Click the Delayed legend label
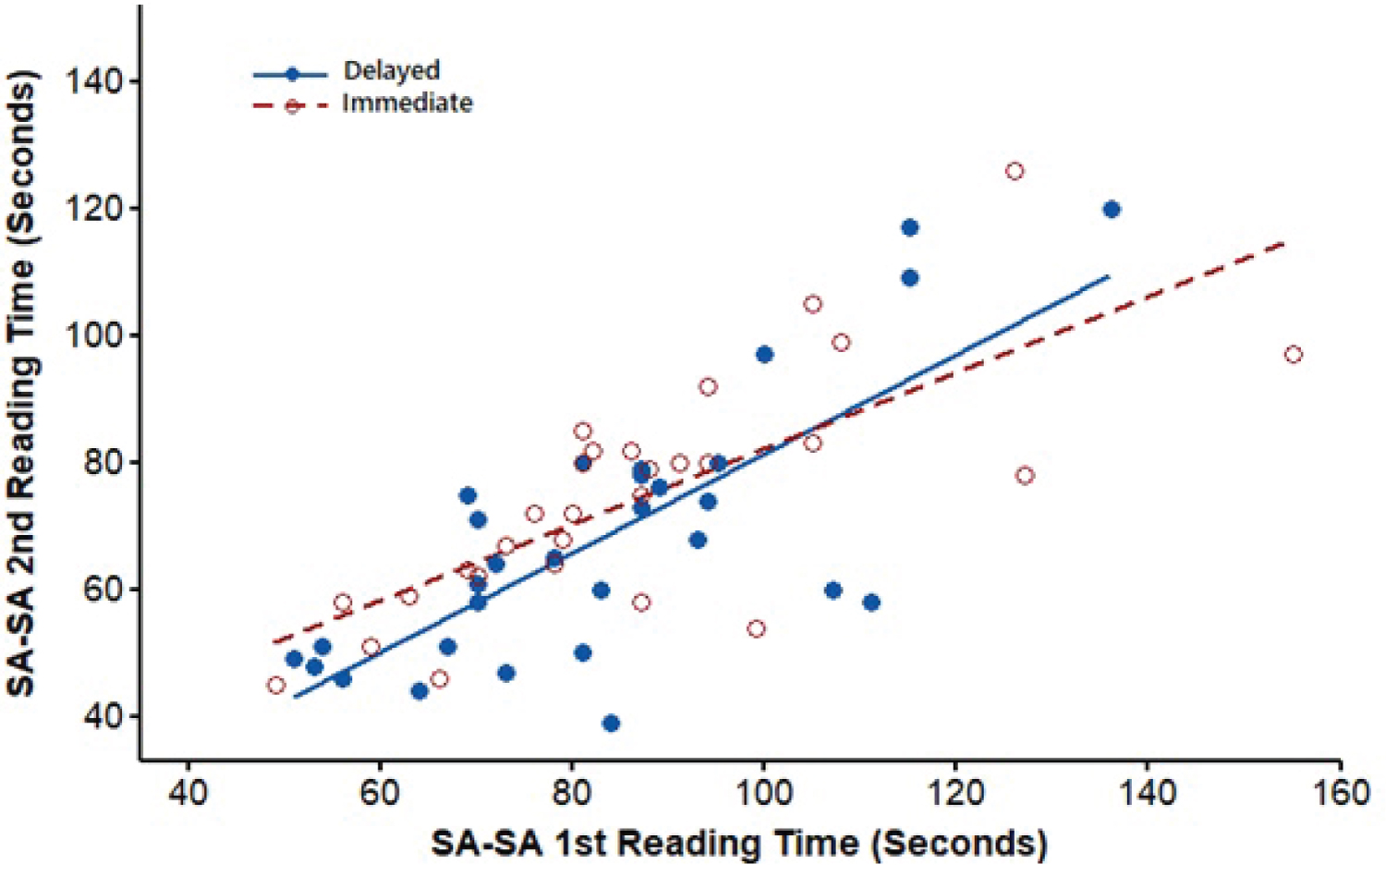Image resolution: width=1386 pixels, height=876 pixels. click(x=391, y=71)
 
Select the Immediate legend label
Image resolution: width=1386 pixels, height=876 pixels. click(x=407, y=103)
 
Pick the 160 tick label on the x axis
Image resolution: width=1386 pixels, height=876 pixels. click(x=1340, y=793)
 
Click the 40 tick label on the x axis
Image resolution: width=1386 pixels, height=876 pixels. click(x=188, y=793)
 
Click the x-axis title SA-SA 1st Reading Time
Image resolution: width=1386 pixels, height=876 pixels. click(x=739, y=844)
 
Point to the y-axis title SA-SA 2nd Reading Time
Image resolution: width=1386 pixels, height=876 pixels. click(x=22, y=383)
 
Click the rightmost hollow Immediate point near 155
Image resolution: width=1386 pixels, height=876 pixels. click(x=1293, y=355)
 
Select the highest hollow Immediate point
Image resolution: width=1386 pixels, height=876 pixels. click(x=1015, y=172)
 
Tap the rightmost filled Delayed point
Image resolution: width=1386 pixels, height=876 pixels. click(x=1112, y=210)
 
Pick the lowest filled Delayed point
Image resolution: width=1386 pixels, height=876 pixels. click(x=611, y=724)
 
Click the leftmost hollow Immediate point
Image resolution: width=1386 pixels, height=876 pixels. click(x=275, y=686)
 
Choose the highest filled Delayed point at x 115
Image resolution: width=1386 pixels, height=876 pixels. click(x=909, y=228)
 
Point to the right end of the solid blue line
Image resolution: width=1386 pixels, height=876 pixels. click(x=1109, y=275)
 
